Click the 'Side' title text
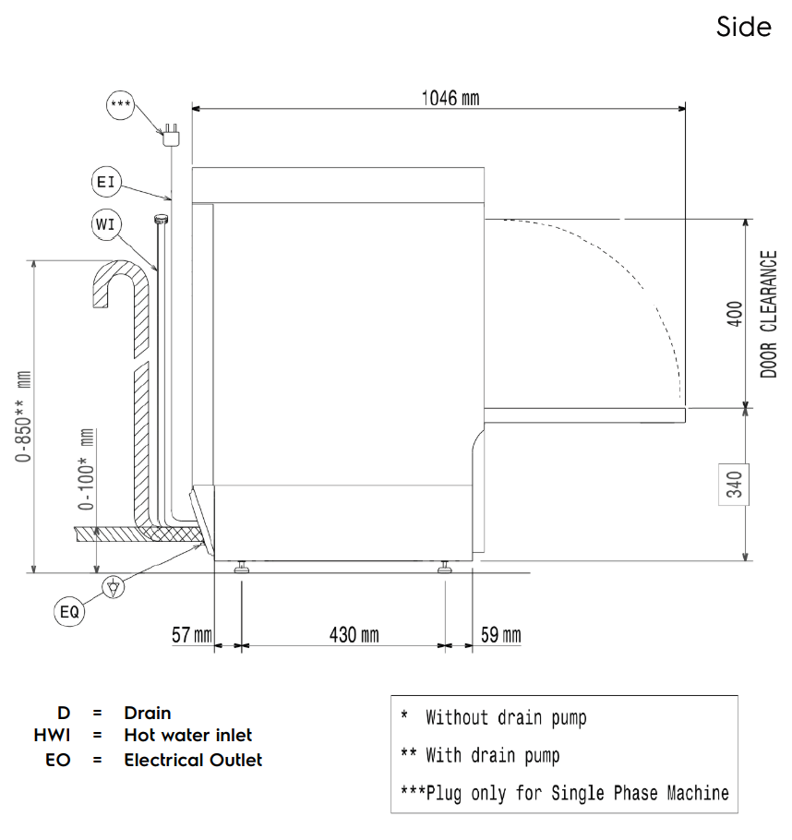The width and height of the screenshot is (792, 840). click(x=744, y=27)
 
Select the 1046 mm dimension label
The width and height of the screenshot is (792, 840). click(x=450, y=98)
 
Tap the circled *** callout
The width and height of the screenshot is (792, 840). click(x=121, y=105)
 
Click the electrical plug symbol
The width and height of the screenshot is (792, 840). click(x=172, y=136)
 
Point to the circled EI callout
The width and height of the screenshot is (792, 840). click(x=106, y=182)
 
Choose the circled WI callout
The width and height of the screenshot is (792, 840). click(x=105, y=224)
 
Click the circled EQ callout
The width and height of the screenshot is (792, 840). click(x=69, y=612)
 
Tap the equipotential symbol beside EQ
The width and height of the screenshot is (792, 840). click(x=113, y=587)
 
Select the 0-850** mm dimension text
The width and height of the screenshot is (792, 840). click(x=24, y=416)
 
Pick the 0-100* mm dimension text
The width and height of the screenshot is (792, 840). click(x=86, y=469)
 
